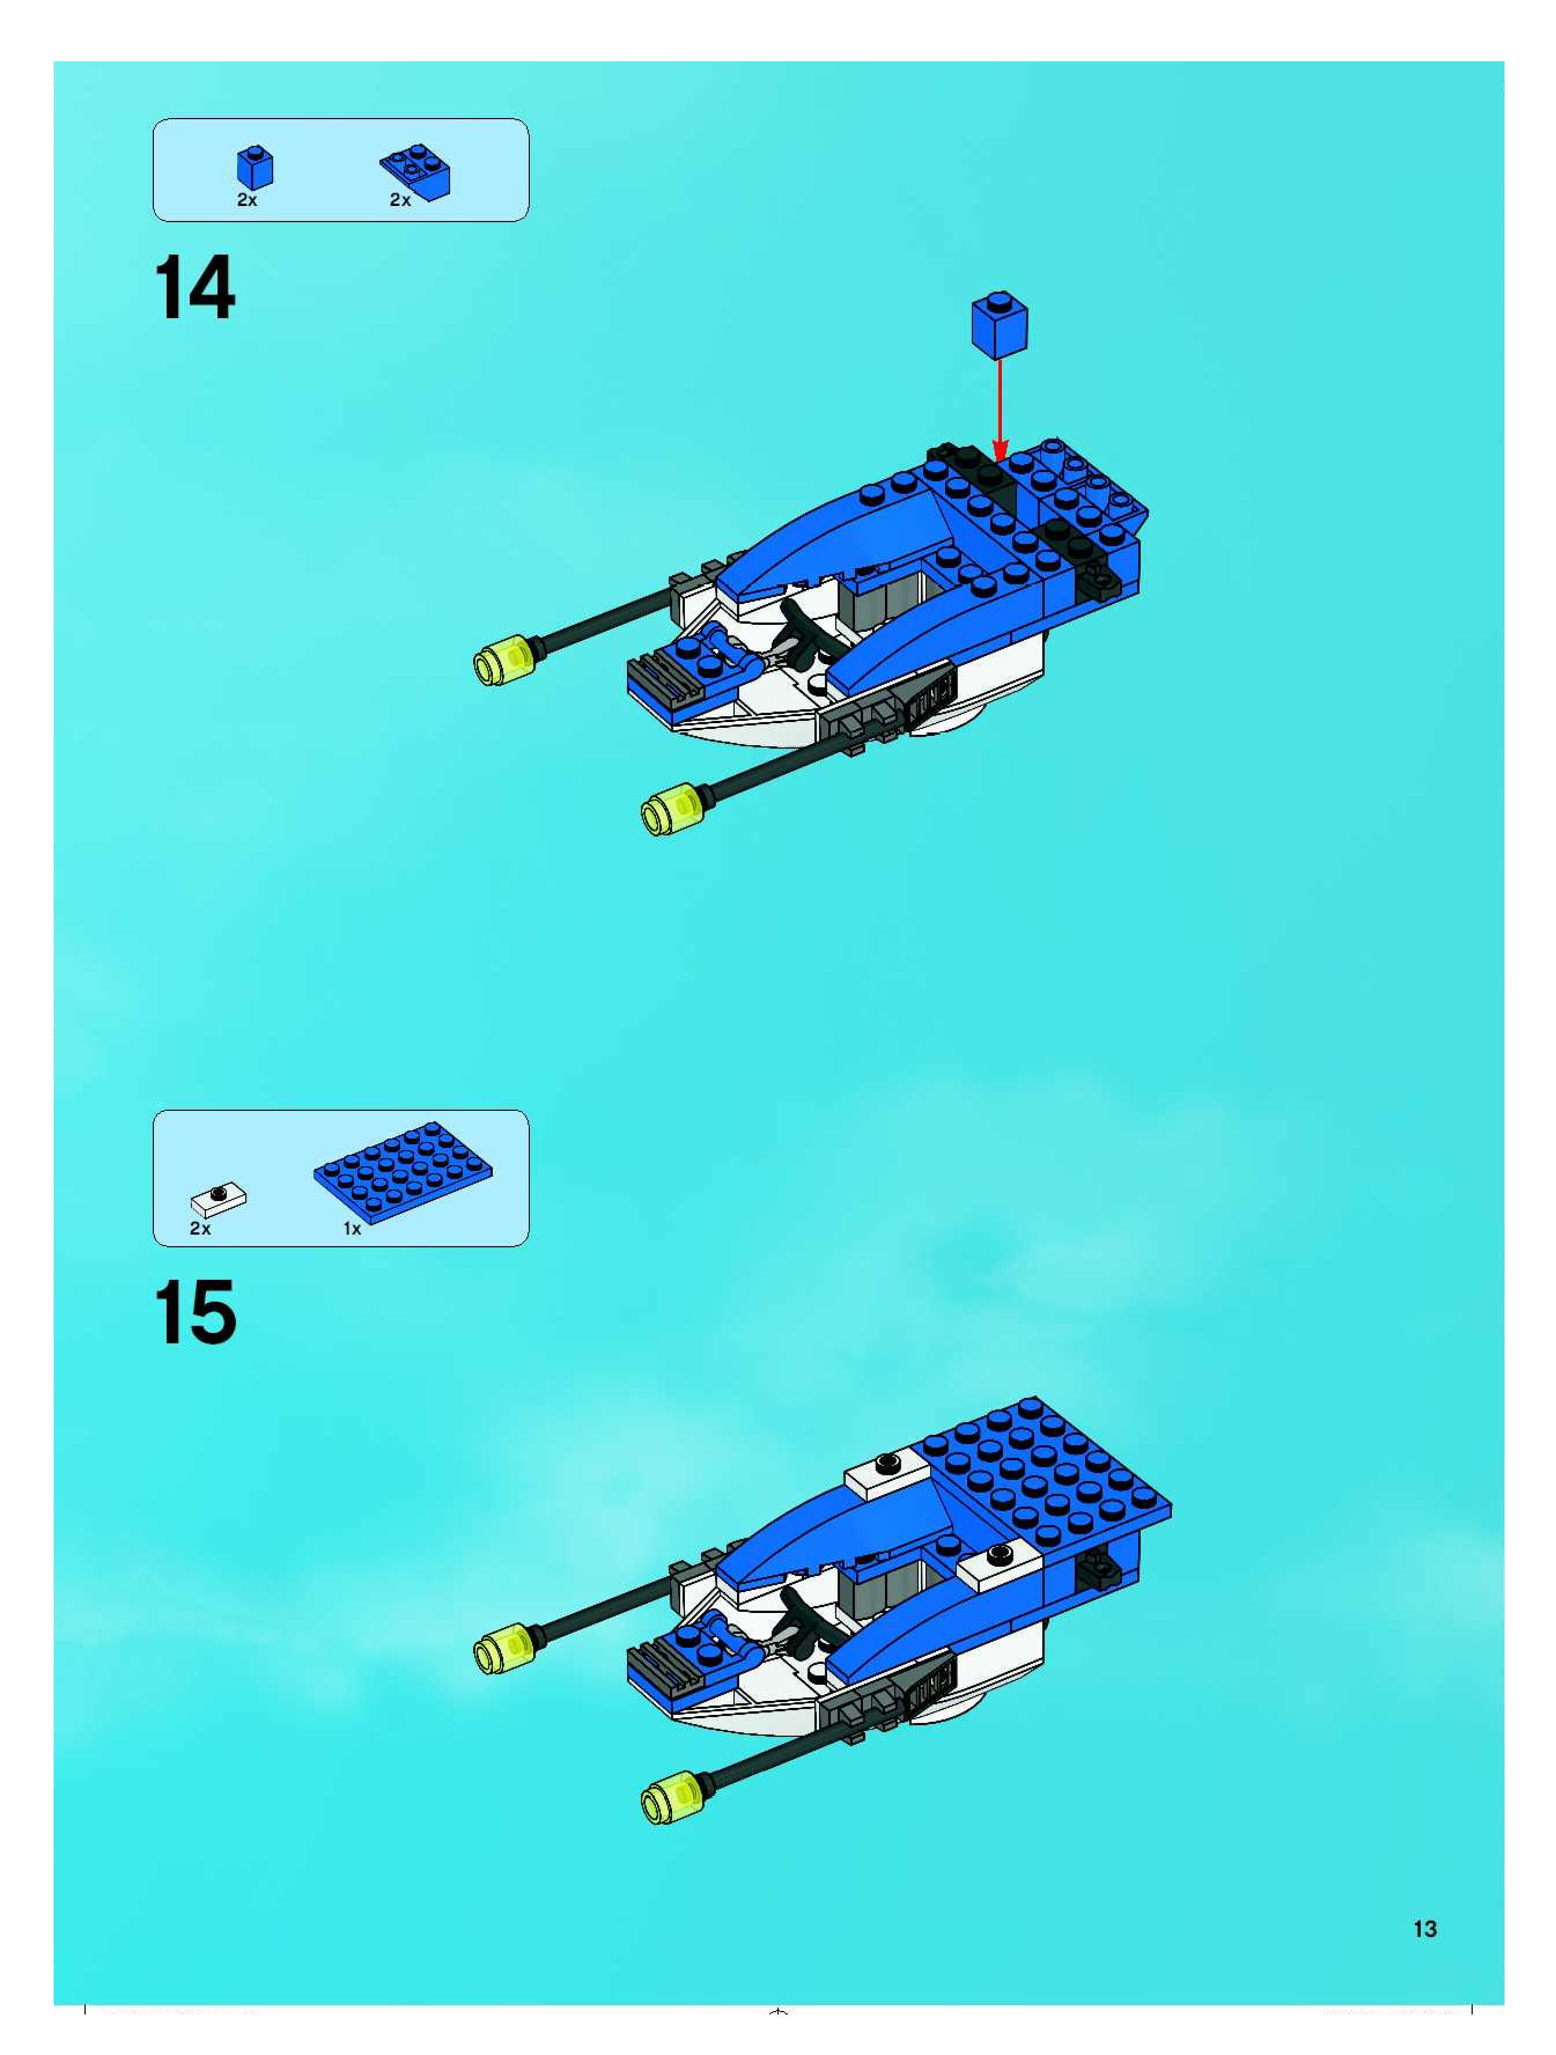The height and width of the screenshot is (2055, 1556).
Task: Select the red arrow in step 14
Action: (1000, 409)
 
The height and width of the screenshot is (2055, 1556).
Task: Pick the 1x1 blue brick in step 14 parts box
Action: (255, 167)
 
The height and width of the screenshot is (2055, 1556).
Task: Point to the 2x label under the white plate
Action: (200, 1228)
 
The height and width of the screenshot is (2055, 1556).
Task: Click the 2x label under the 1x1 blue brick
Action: (247, 200)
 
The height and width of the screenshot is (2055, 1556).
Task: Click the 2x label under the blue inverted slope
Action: (400, 200)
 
